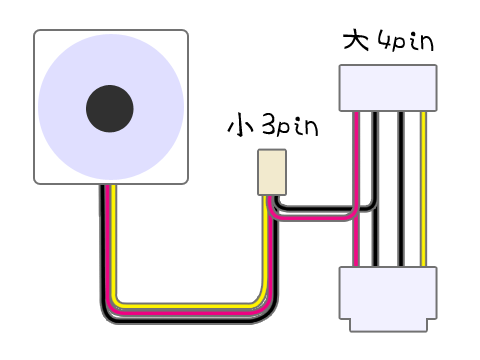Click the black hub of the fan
tap(110, 109)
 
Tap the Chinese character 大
tap(356, 41)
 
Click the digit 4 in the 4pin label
tap(384, 41)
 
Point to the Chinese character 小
tap(240, 126)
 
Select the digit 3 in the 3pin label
tap(269, 125)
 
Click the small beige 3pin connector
tap(272, 172)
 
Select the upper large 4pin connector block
tap(388, 88)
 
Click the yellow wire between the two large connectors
tap(423, 189)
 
